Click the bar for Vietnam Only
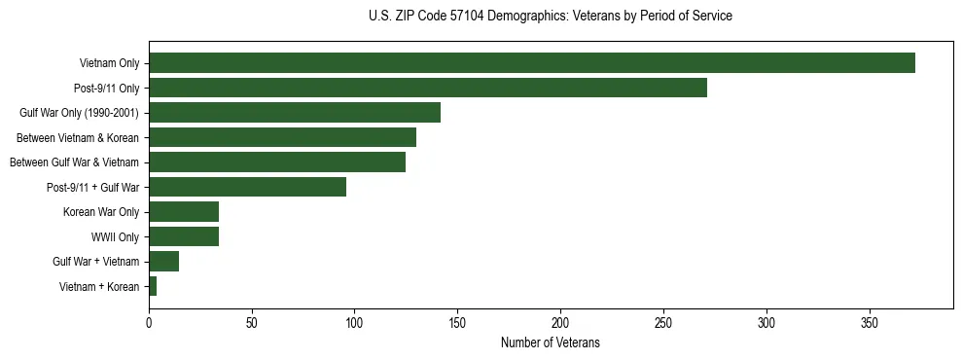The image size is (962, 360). [x=531, y=63]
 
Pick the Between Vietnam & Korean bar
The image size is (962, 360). [x=282, y=137]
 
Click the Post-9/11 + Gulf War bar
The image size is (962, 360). [x=247, y=187]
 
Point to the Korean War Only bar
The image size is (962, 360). [x=183, y=211]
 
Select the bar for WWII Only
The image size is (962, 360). [x=183, y=236]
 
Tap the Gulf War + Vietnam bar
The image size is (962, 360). [x=163, y=261]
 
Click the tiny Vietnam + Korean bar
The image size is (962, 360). [x=153, y=286]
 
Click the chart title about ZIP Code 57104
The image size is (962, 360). [x=551, y=17]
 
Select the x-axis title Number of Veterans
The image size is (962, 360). [x=550, y=343]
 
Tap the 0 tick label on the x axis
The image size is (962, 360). [x=149, y=322]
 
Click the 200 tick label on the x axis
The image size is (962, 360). [x=560, y=322]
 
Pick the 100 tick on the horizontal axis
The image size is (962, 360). [x=354, y=322]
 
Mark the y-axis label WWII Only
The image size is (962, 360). [x=115, y=236]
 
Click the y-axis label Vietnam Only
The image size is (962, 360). [x=109, y=63]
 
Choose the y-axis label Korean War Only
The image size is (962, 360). [x=101, y=211]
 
